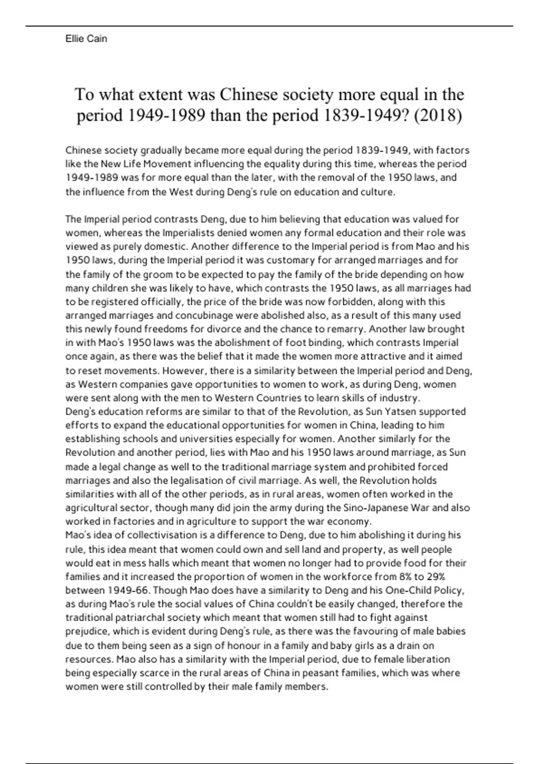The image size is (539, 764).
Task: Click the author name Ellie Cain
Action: pyautogui.click(x=86, y=39)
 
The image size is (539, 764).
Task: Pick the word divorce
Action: pyautogui.click(x=203, y=329)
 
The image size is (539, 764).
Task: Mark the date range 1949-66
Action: pyautogui.click(x=129, y=590)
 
